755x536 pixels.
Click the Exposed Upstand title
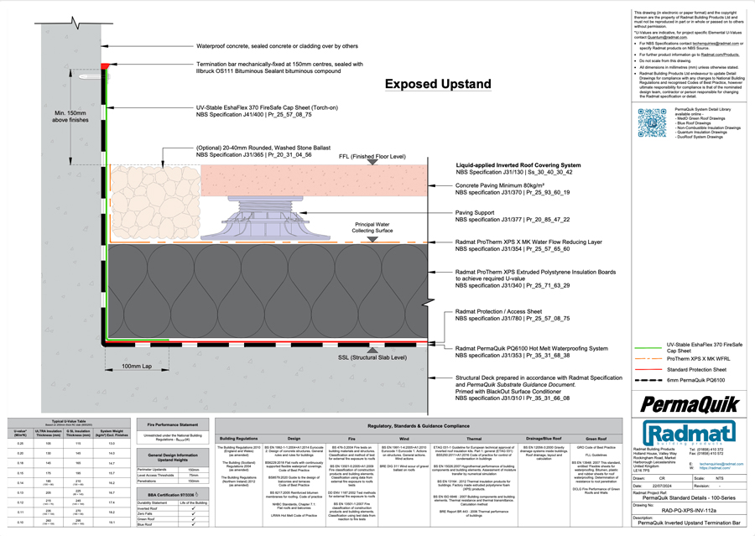pos(437,84)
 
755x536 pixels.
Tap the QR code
pos(652,122)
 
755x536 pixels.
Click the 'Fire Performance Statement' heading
pos(173,424)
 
